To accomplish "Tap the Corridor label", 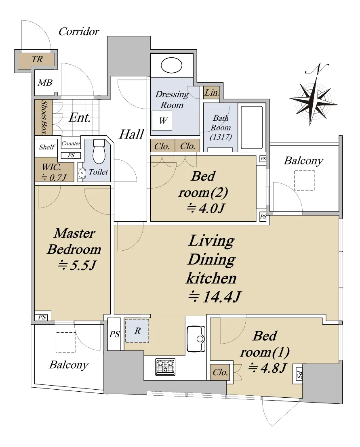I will point(79,31).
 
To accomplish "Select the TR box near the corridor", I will point(38,59).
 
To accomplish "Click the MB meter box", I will point(44,83).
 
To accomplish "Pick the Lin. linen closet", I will point(211,93).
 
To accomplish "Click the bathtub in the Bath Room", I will point(252,127).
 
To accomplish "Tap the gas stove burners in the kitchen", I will point(166,367).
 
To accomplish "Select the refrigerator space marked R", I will point(137,331).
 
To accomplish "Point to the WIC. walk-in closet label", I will point(54,172).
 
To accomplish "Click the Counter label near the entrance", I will point(71,143).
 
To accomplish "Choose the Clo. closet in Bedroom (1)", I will point(220,372).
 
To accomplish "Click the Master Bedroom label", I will point(74,241).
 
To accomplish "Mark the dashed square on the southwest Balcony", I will point(66,342).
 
